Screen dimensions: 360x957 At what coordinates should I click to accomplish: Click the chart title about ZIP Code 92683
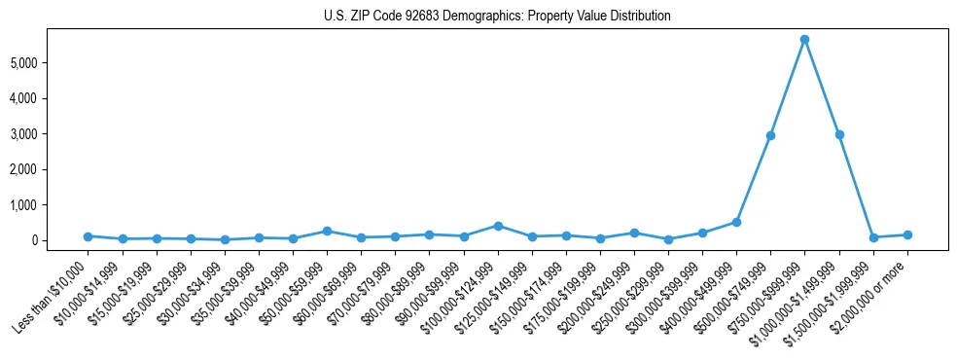(497, 17)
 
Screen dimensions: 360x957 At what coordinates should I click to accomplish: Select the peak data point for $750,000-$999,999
(804, 40)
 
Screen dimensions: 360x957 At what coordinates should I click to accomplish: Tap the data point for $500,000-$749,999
(770, 135)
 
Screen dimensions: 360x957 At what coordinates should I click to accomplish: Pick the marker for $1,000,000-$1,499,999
(838, 134)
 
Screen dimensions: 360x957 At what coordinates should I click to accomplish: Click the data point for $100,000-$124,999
(497, 226)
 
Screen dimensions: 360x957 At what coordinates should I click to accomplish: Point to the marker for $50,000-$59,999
(327, 232)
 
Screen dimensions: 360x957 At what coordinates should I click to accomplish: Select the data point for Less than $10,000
(88, 236)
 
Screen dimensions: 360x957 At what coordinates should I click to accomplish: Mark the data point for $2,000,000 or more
(906, 234)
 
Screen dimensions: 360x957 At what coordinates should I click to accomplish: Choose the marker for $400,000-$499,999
(736, 222)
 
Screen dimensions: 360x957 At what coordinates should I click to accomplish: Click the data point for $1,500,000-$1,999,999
(872, 237)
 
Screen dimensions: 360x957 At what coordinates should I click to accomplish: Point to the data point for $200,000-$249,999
(634, 234)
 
